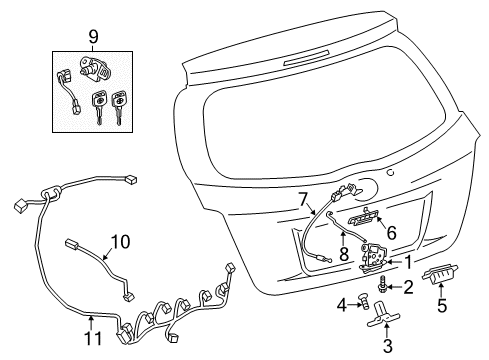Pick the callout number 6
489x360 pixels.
point(391,232)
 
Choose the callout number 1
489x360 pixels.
point(409,262)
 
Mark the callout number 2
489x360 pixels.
point(408,288)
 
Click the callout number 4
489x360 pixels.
point(340,304)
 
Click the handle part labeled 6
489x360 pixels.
point(362,213)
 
